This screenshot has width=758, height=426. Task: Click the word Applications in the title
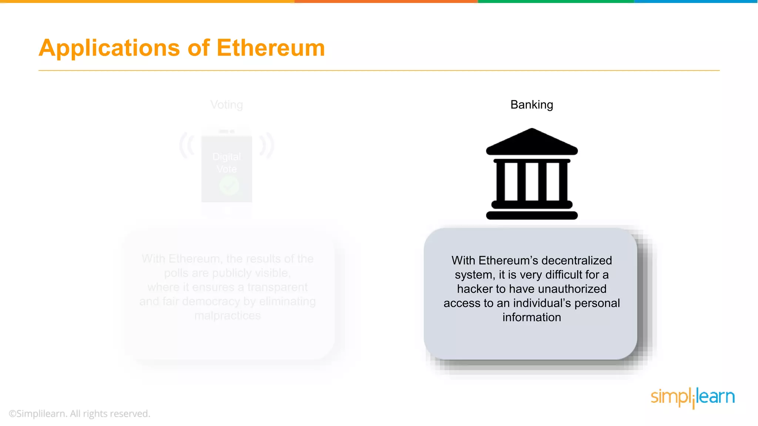[x=109, y=48]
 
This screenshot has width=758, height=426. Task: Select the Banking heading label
[x=531, y=105]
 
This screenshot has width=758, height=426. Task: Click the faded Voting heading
[x=227, y=105]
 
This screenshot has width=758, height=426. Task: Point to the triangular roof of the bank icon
[x=531, y=142]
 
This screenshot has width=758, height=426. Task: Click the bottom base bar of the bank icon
[x=531, y=215]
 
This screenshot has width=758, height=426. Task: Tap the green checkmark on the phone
[x=229, y=185]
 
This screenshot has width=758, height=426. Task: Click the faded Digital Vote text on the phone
[x=227, y=163]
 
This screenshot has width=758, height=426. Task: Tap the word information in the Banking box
[x=531, y=317]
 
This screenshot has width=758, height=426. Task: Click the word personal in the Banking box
[x=597, y=303]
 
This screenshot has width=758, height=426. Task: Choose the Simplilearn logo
[x=692, y=397]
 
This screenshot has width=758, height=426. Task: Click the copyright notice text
[x=80, y=413]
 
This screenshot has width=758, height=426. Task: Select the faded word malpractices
[x=227, y=315]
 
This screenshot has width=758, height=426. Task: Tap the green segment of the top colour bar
[x=556, y=1]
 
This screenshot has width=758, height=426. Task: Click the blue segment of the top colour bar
[x=696, y=1]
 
